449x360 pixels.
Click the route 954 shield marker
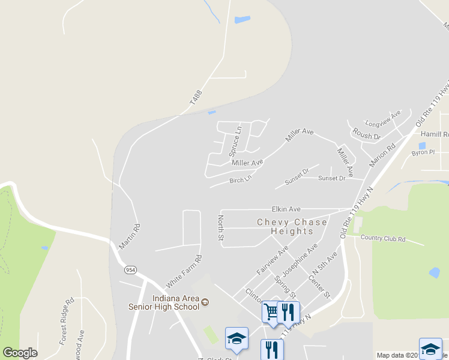tap(130, 270)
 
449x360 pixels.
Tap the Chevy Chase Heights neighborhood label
tap(292, 226)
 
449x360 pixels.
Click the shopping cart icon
tap(271, 311)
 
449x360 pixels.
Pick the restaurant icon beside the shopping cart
tap(289, 311)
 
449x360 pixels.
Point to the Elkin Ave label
tap(286, 209)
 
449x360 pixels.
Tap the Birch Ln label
tap(240, 180)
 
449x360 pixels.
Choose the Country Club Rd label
tap(384, 239)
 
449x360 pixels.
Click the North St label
tap(221, 228)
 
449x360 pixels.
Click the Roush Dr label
tap(366, 133)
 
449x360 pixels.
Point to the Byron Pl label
tap(423, 152)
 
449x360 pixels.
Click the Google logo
tap(20, 353)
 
